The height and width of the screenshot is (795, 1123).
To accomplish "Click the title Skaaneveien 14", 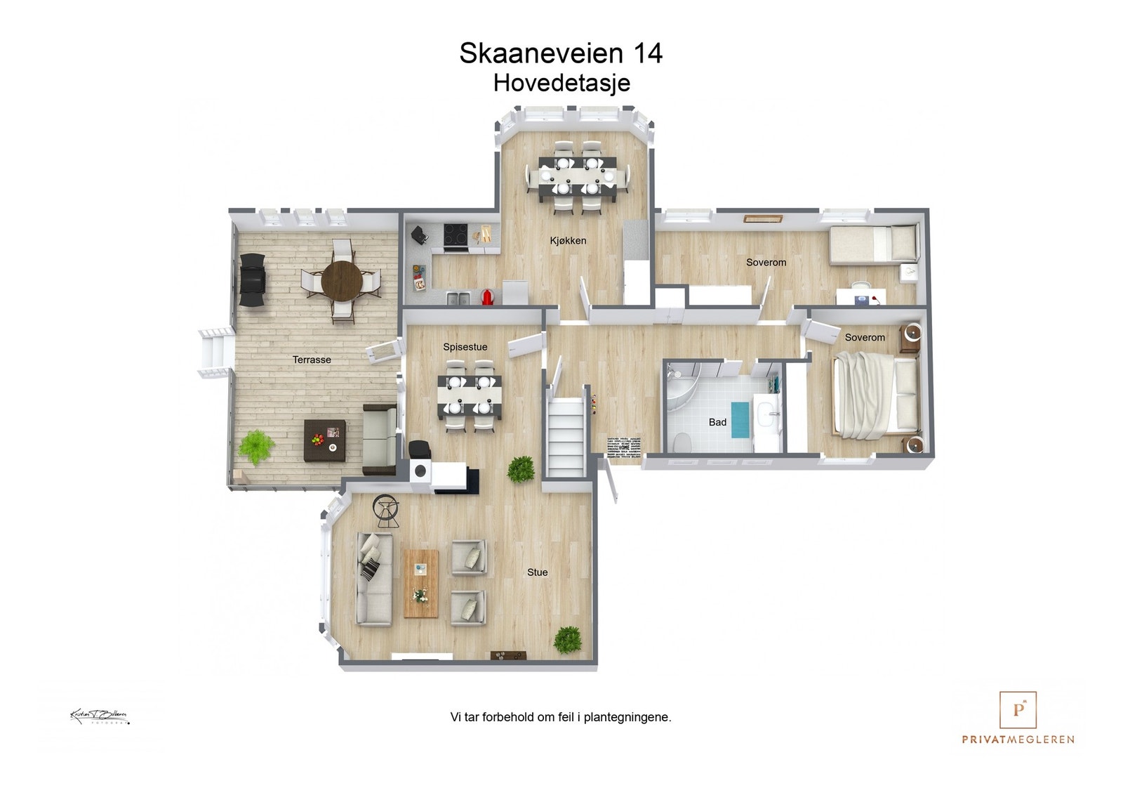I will pyautogui.click(x=561, y=53).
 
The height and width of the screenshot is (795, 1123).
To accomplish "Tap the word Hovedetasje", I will pyautogui.click(x=561, y=83).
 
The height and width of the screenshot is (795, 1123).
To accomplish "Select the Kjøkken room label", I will pyautogui.click(x=568, y=241).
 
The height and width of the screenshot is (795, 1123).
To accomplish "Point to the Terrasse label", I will pyautogui.click(x=312, y=360).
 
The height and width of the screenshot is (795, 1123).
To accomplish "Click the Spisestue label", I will pyautogui.click(x=465, y=347).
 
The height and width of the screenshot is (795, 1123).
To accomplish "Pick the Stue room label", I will pyautogui.click(x=537, y=572).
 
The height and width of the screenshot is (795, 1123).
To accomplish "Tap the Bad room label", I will pyautogui.click(x=717, y=422).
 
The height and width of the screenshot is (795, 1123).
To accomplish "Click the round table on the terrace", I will pyautogui.click(x=342, y=280).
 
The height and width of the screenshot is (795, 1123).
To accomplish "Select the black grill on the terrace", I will pyautogui.click(x=253, y=280).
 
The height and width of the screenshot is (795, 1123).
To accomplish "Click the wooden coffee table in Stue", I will pyautogui.click(x=420, y=583).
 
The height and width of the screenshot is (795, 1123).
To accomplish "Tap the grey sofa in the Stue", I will pyautogui.click(x=373, y=579).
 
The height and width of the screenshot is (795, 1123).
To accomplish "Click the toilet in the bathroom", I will pyautogui.click(x=679, y=442).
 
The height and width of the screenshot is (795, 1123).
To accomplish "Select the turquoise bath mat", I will pyautogui.click(x=740, y=419).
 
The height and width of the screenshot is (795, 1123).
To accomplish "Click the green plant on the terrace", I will pyautogui.click(x=255, y=445).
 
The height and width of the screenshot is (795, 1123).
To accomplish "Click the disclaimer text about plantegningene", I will pyautogui.click(x=561, y=717).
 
